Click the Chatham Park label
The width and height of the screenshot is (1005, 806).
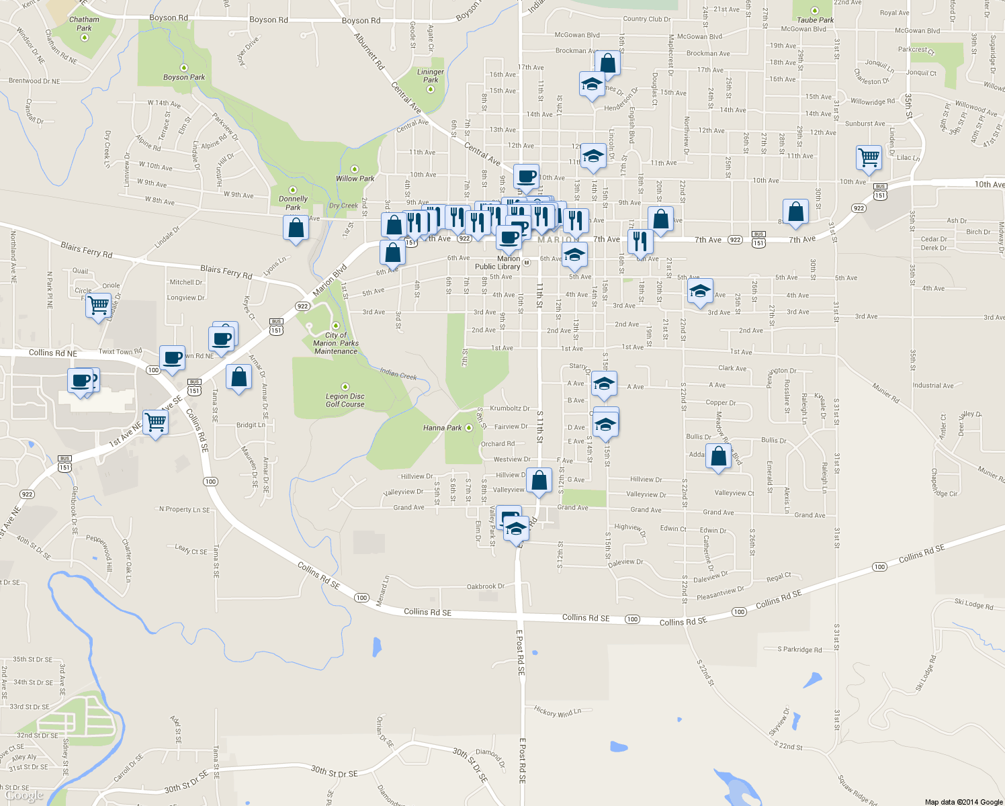(x=84, y=24)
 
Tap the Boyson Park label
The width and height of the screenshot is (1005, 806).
(x=184, y=77)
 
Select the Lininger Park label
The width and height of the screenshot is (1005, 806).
(x=431, y=76)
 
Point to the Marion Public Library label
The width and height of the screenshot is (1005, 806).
(x=498, y=263)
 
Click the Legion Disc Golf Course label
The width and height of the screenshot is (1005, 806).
(x=345, y=400)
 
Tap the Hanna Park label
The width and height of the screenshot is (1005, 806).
(x=443, y=428)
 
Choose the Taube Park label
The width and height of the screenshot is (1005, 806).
(x=816, y=20)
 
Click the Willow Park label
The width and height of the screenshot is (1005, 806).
(x=355, y=179)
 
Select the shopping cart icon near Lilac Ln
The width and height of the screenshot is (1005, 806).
(x=869, y=158)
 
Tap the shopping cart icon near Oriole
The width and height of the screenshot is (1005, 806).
(x=99, y=306)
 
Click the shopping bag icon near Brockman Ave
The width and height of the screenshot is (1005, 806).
(x=607, y=64)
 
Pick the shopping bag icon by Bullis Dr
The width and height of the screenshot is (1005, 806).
(x=719, y=456)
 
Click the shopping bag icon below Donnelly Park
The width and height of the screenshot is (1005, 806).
(x=296, y=228)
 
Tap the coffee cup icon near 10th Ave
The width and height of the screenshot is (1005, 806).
(x=527, y=177)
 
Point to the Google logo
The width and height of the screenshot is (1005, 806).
(x=24, y=796)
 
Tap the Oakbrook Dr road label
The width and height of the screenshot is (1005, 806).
(x=486, y=586)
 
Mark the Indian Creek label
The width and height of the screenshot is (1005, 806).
(x=398, y=374)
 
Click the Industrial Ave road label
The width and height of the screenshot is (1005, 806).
(x=932, y=386)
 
